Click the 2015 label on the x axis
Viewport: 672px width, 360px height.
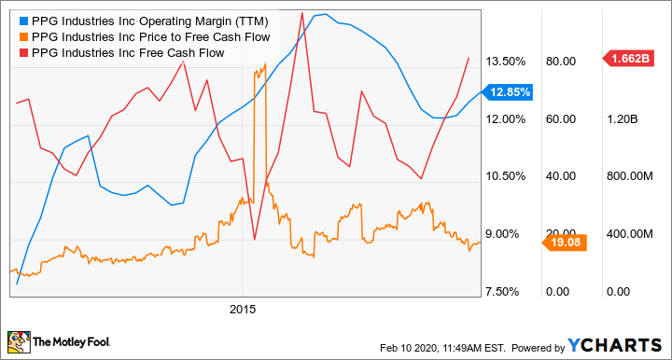242,307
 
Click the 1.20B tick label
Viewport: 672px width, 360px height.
621,119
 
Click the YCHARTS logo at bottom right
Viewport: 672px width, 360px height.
616,345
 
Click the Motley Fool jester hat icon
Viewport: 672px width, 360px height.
18,343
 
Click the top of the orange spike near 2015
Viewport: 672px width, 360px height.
265,63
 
